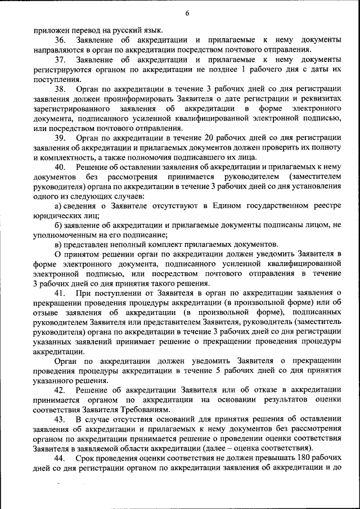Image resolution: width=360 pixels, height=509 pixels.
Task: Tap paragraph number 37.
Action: [60, 59]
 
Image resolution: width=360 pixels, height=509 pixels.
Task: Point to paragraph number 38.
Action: [60, 88]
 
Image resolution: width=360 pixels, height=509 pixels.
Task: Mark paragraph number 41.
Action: [60, 293]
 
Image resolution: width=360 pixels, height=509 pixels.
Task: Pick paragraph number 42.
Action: [60, 390]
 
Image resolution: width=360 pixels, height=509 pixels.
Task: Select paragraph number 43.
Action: [60, 419]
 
